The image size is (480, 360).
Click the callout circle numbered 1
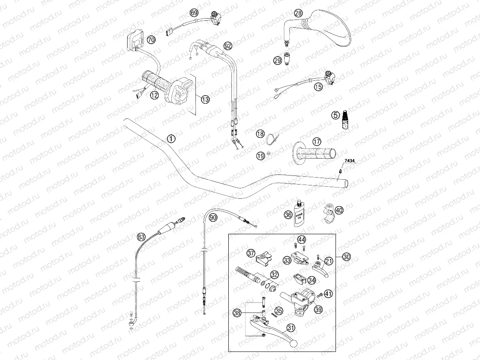pyautogui.click(x=171, y=139)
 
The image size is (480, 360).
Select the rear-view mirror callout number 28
pyautogui.click(x=298, y=13)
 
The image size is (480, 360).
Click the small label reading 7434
pyautogui.click(x=349, y=161)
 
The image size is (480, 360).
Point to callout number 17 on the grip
pyautogui.click(x=317, y=141)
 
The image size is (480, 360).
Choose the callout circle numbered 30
pyautogui.click(x=346, y=257)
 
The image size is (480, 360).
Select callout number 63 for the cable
pyautogui.click(x=141, y=237)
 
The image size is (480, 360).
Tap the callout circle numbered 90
pyautogui.click(x=212, y=218)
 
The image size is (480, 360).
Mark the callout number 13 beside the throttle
pyautogui.click(x=205, y=99)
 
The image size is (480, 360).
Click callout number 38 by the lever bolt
pyautogui.click(x=237, y=312)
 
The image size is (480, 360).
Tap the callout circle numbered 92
pyautogui.click(x=228, y=45)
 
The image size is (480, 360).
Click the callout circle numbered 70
pyautogui.click(x=151, y=40)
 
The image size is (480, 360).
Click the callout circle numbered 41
pyautogui.click(x=329, y=294)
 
